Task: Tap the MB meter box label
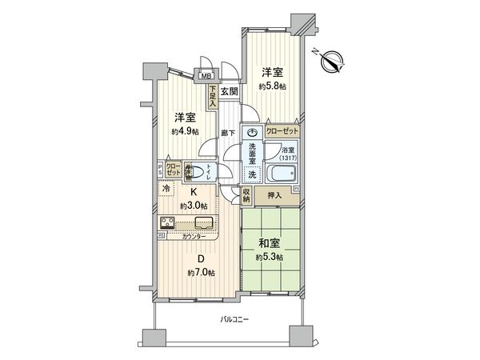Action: point(206,78)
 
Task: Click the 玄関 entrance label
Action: point(230,91)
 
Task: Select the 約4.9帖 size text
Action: point(184,132)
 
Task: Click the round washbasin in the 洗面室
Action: point(252,133)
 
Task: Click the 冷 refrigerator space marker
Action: point(165,190)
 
